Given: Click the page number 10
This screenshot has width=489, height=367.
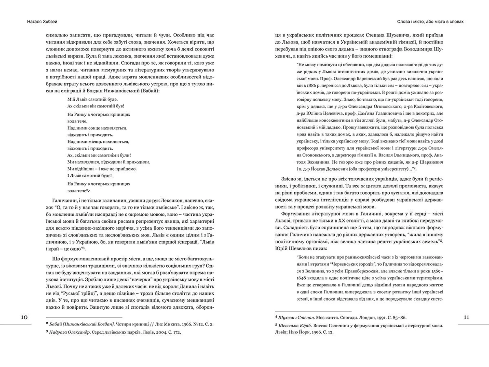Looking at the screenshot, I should (x=24, y=317).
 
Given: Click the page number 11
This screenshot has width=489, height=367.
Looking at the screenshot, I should (x=466, y=317).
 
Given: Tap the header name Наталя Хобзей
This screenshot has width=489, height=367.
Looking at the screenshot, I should (x=42, y=22).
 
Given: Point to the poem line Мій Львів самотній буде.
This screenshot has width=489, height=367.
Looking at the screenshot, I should (x=92, y=99).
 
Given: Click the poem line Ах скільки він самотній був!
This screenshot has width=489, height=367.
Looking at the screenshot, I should (x=96, y=106).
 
